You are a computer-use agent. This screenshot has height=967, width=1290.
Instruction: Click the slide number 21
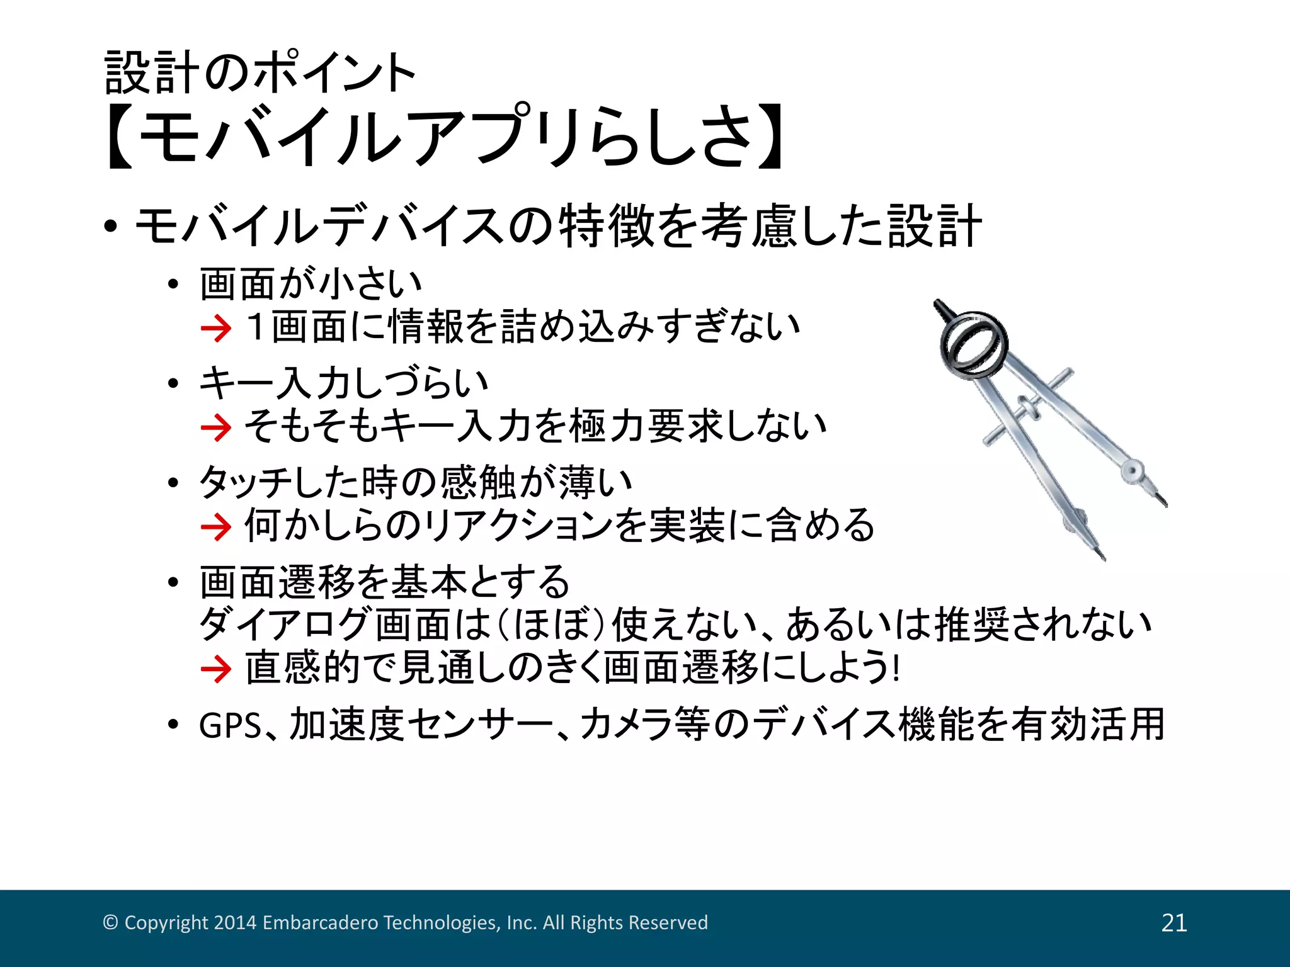pos(1174,923)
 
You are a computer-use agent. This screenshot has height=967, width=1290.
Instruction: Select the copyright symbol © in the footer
pos(110,922)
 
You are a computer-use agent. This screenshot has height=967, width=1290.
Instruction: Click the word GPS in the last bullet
pos(230,726)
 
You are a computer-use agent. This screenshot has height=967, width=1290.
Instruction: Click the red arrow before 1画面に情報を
pos(216,329)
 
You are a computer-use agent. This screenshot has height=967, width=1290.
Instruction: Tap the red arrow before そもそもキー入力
pos(216,428)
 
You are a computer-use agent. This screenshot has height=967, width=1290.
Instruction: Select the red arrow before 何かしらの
pos(216,527)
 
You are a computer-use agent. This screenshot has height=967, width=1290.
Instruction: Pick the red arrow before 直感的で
pos(216,669)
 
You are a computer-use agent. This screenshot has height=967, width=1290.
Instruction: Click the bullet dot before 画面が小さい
pos(174,285)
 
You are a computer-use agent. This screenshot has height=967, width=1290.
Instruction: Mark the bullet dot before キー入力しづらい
pos(174,383)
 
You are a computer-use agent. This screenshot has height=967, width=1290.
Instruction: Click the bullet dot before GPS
pos(174,725)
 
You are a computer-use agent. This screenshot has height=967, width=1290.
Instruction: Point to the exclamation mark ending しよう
pos(896,667)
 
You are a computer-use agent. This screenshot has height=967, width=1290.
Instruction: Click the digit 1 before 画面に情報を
pos(255,327)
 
